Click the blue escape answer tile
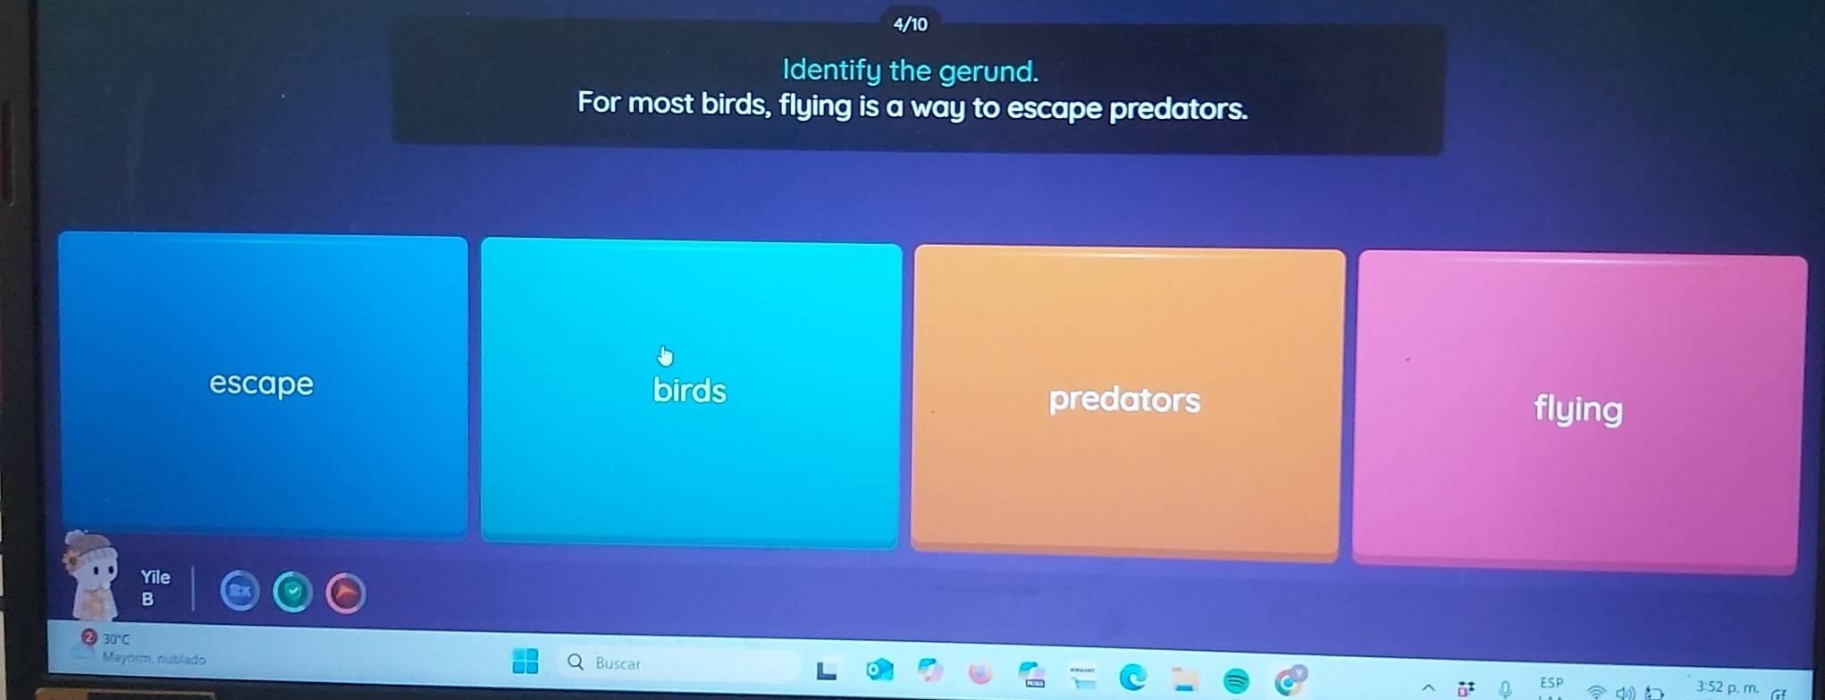(262, 384)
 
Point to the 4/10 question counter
(911, 25)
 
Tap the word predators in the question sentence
(1178, 109)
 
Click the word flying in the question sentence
(815, 106)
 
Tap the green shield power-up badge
(292, 593)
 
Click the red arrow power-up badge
(346, 593)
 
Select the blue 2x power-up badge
(240, 591)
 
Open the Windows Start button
(526, 662)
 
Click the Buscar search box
(679, 663)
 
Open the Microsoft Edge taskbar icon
(1133, 678)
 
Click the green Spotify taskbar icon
(1236, 681)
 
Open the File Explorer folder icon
(1185, 679)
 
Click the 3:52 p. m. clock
(1727, 687)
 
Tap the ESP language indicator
(1552, 683)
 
